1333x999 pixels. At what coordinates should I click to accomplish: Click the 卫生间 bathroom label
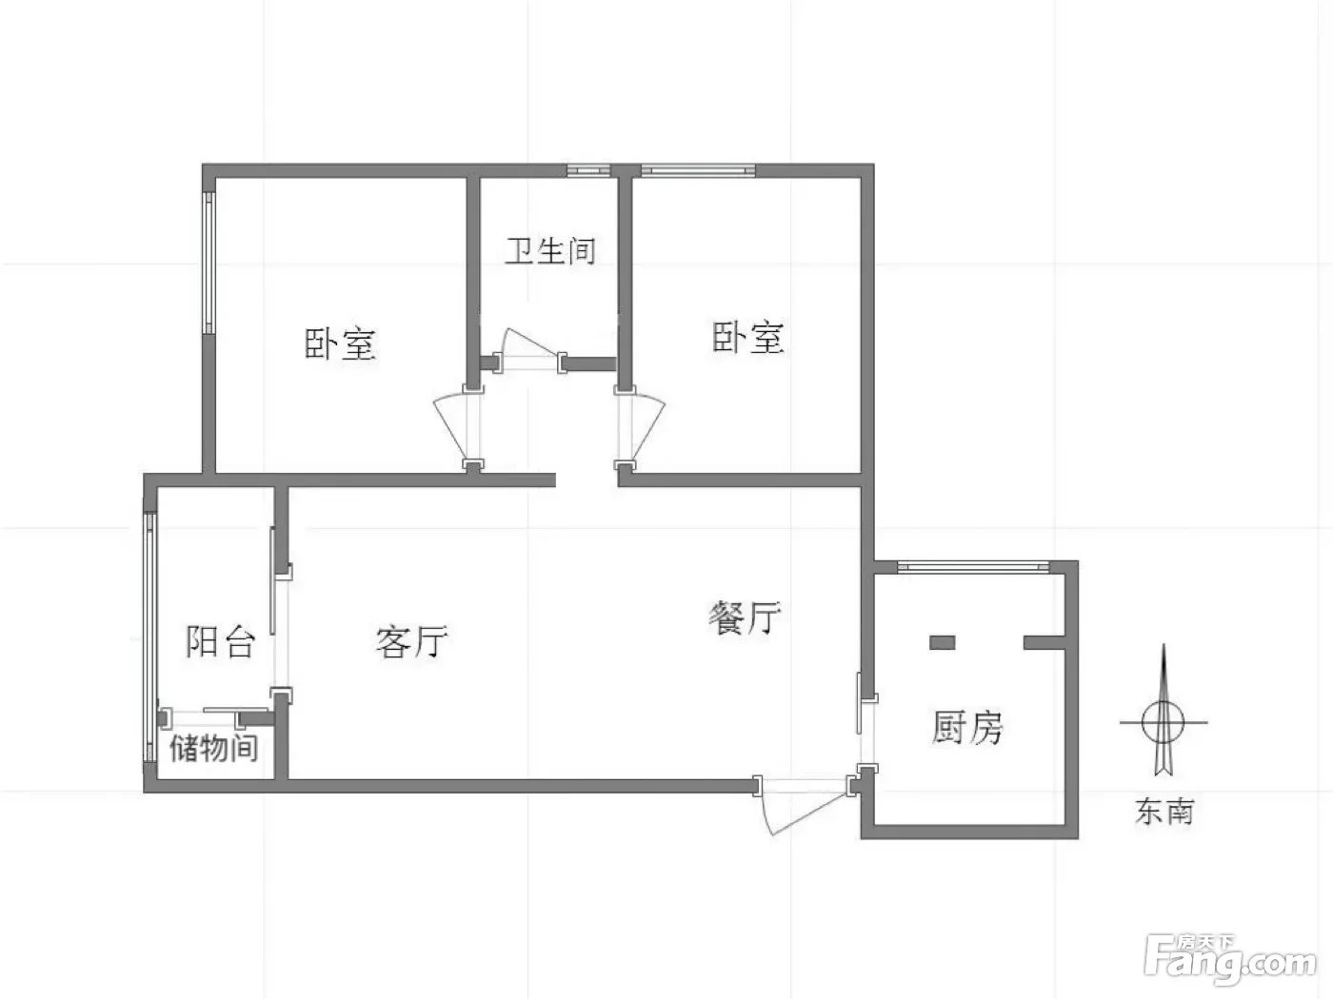coord(550,251)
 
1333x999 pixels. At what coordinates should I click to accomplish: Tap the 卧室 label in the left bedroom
coord(340,343)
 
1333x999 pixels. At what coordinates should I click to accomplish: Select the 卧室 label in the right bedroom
coord(747,337)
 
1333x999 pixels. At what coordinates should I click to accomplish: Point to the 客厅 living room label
coord(411,641)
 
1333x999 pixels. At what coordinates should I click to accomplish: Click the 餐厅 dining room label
coord(745,617)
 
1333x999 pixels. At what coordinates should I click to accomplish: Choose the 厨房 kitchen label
coord(967,727)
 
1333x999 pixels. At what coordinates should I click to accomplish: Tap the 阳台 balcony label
coord(220,641)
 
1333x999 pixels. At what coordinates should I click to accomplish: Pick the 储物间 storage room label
coord(214,747)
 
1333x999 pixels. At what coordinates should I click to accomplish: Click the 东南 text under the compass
coord(1164,811)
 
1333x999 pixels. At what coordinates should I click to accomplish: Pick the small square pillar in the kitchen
coord(942,642)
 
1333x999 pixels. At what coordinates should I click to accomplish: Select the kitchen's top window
coord(973,566)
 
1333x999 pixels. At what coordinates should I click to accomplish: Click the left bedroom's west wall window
coord(209,263)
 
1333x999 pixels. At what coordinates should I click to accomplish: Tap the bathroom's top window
coord(588,170)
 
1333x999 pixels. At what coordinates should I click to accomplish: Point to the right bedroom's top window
coord(698,170)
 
